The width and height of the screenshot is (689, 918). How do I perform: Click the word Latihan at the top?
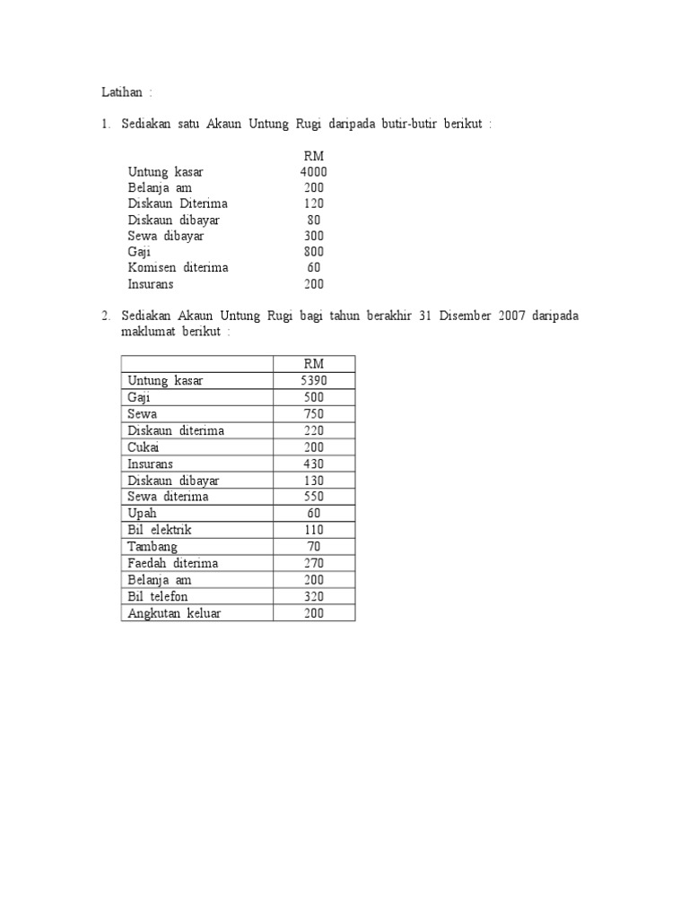click(x=119, y=91)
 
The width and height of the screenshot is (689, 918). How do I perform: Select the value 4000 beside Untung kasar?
click(x=314, y=171)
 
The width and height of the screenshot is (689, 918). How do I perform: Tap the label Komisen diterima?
click(x=179, y=268)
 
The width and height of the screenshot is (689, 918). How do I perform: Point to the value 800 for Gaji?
click(x=314, y=252)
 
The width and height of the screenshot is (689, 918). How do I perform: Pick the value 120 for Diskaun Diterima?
click(x=314, y=204)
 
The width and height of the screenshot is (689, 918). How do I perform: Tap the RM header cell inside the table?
click(x=314, y=364)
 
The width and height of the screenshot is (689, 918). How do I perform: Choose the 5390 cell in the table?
click(x=314, y=381)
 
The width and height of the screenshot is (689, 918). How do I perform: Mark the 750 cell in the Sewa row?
click(x=314, y=414)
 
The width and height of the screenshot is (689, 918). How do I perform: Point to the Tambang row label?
click(x=153, y=547)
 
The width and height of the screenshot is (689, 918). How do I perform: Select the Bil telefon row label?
click(x=158, y=596)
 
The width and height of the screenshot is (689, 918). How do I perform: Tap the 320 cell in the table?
click(x=314, y=596)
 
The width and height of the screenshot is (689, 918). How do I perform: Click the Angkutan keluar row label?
click(x=174, y=613)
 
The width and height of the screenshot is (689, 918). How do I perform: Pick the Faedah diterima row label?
click(x=173, y=563)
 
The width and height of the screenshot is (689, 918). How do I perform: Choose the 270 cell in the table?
click(x=314, y=563)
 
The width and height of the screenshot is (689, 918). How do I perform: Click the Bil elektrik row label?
click(x=160, y=530)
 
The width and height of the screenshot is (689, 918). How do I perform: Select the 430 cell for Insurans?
click(x=314, y=463)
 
